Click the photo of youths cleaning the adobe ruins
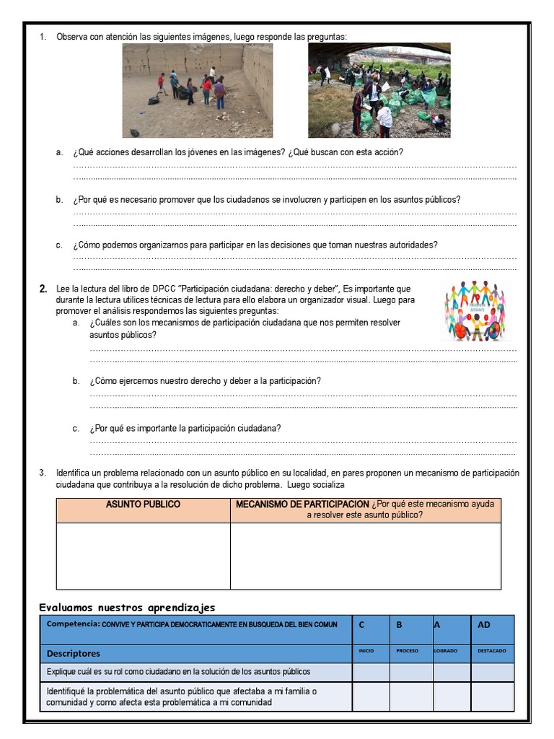click(197, 90)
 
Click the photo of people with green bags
click(379, 90)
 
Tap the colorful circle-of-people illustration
click(473, 311)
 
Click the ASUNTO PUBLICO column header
click(143, 504)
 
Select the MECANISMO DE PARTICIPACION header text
click(302, 504)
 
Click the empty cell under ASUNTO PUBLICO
click(143, 556)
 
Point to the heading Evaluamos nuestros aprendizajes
click(127, 607)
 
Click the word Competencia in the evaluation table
click(72, 624)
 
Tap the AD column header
click(483, 625)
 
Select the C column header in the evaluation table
click(361, 625)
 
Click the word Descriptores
click(74, 653)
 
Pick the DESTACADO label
click(491, 651)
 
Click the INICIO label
click(366, 651)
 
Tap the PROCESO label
click(407, 651)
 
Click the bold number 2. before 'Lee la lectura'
click(43, 289)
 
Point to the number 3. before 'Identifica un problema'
click(43, 473)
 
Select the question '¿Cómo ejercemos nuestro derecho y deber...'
click(206, 380)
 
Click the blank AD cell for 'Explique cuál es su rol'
click(493, 672)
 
